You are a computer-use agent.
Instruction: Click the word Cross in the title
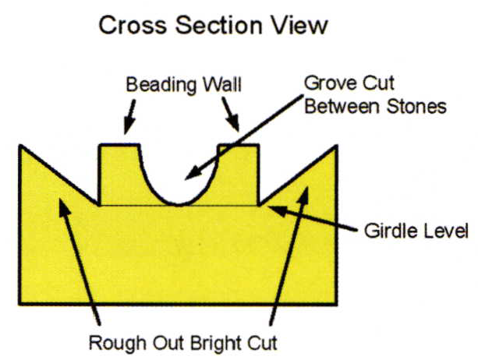coord(130,26)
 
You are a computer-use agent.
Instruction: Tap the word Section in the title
coord(215,26)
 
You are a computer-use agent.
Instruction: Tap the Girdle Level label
coord(416,231)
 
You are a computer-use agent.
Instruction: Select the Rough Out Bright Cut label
coord(182,341)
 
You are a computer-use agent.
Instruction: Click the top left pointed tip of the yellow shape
coord(19,146)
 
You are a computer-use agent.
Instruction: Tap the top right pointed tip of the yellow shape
coord(336,146)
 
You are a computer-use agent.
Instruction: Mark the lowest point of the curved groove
coord(179,204)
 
